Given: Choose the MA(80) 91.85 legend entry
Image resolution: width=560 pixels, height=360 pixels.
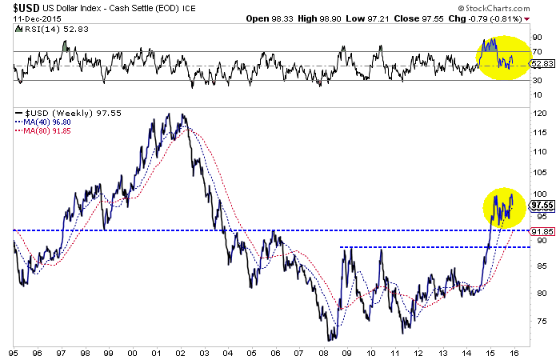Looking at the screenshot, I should coord(46,131).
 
